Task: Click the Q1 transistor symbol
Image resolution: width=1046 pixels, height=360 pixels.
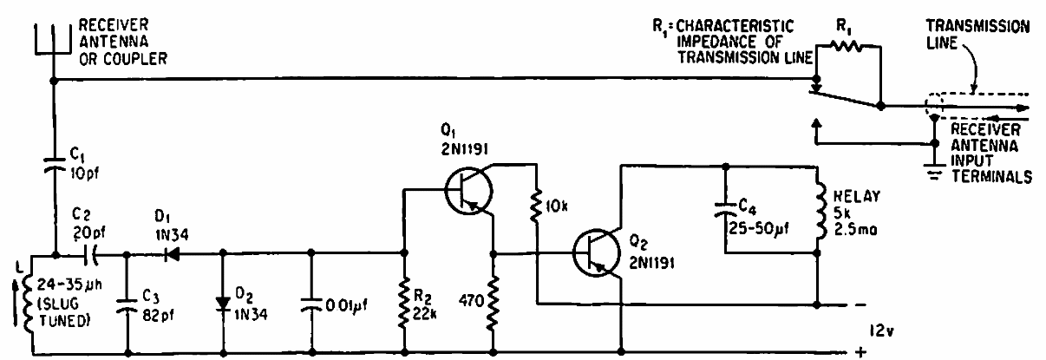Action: click(468, 193)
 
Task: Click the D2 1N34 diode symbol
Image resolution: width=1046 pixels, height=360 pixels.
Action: click(224, 305)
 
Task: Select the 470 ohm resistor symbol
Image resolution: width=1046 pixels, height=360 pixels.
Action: click(493, 305)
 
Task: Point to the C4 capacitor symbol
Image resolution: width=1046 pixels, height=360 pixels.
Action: click(723, 211)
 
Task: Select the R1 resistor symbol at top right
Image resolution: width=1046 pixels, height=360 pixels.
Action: click(849, 50)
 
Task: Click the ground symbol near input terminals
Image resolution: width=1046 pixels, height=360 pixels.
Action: click(934, 172)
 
